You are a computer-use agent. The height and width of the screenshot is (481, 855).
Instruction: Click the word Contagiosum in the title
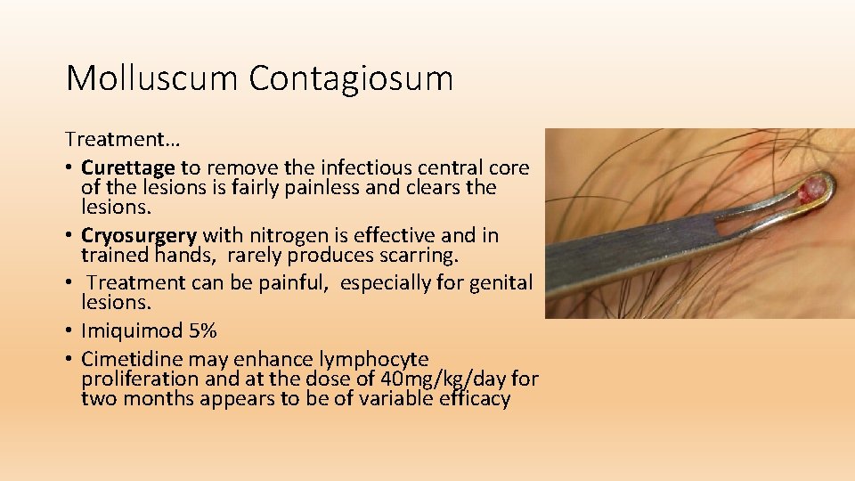(351, 78)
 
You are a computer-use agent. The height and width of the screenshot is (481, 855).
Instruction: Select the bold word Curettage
(128, 167)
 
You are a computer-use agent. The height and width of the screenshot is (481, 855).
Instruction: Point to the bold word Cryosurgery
(138, 236)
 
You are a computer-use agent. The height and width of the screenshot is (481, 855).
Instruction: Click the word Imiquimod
(132, 331)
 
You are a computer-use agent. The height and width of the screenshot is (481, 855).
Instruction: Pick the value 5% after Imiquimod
(202, 331)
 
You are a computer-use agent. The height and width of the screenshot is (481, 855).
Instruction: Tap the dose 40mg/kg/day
(452, 379)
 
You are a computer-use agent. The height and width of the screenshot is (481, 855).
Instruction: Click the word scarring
(419, 256)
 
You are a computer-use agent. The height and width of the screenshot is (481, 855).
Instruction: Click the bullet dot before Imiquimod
(69, 331)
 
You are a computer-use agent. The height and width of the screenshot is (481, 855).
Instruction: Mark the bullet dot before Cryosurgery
(69, 236)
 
